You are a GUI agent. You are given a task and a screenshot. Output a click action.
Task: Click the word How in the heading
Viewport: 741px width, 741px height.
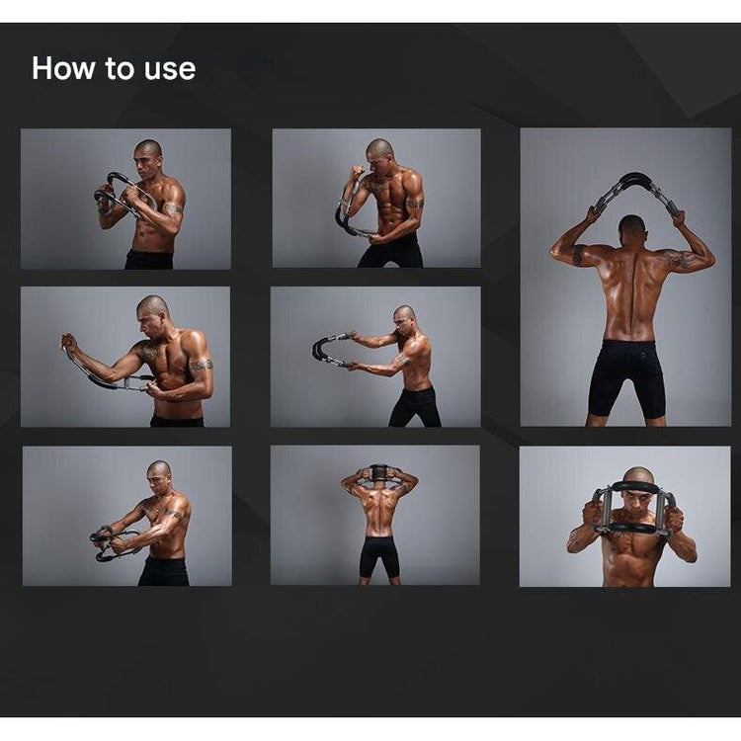(x=63, y=68)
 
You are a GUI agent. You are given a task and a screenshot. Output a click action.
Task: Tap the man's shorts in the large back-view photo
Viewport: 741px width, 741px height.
(x=622, y=377)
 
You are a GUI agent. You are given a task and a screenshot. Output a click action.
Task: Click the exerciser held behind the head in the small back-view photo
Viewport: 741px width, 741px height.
(x=378, y=472)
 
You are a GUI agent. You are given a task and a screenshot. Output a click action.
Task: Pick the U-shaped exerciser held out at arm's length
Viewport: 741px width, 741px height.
(x=331, y=350)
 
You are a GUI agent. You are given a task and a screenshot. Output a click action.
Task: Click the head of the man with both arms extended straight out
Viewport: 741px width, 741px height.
(x=404, y=318)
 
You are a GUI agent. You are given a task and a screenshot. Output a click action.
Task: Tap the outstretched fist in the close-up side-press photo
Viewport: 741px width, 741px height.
(x=68, y=341)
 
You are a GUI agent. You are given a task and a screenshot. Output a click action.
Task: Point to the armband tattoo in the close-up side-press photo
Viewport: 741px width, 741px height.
(x=202, y=365)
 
